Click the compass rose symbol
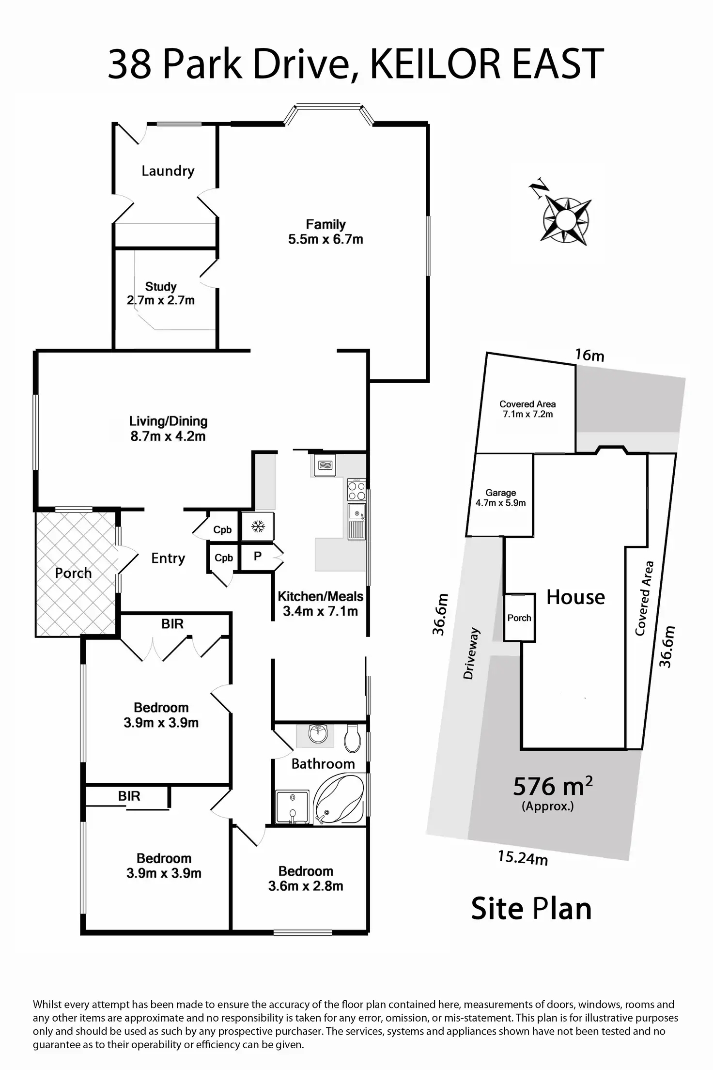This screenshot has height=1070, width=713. (x=565, y=220)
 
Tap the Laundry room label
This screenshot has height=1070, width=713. (x=168, y=171)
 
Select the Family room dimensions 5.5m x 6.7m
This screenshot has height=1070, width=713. (x=325, y=239)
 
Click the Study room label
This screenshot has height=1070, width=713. (x=161, y=286)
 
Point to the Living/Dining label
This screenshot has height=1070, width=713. (x=168, y=421)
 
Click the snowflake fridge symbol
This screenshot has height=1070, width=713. (x=258, y=526)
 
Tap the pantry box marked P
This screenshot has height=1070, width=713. (x=258, y=556)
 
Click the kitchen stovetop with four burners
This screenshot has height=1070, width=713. (x=356, y=490)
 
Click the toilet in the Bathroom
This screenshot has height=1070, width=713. (x=352, y=738)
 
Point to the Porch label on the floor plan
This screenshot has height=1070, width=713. (x=73, y=573)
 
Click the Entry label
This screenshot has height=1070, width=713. (x=168, y=558)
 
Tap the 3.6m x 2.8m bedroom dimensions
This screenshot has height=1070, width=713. (x=306, y=886)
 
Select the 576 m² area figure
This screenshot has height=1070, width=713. (x=552, y=786)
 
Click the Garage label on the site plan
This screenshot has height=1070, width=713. (x=500, y=493)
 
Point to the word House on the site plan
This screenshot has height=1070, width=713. (x=575, y=597)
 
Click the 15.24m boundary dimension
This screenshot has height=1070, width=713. (x=523, y=858)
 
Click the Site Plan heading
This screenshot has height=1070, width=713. (x=531, y=909)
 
